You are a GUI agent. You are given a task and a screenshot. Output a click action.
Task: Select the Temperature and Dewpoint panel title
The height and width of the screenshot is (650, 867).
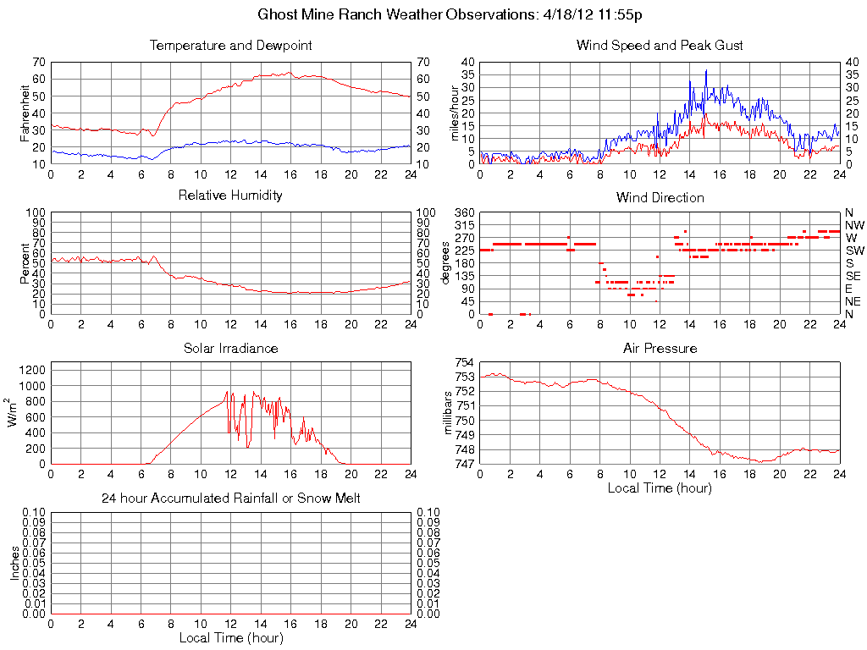[x=230, y=46]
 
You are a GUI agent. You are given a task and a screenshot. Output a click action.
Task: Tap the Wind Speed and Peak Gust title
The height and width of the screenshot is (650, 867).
[x=660, y=46]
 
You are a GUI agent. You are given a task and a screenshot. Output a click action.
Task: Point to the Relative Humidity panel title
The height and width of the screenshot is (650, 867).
[x=230, y=196]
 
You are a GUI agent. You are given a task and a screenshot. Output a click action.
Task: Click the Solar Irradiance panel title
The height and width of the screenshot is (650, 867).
[x=230, y=349]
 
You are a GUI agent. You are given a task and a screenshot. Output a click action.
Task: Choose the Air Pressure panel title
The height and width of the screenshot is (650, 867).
[x=660, y=349]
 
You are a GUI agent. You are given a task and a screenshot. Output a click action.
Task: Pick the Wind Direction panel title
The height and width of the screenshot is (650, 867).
[x=660, y=198]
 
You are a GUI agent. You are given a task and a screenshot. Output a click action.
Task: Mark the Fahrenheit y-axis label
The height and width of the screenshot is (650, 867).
[x=24, y=112]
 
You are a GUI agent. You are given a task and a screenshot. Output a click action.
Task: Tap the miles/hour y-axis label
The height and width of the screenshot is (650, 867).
[x=454, y=113]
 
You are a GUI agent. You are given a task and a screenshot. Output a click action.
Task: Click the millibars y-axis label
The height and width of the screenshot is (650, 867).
[x=450, y=412]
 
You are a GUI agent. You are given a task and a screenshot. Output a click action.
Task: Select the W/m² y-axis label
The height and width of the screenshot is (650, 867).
[x=14, y=412]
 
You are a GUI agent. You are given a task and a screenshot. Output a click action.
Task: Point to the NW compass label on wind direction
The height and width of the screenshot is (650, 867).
[x=853, y=225]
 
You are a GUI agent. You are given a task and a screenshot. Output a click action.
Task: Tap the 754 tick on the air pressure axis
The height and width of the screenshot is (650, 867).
[x=464, y=362]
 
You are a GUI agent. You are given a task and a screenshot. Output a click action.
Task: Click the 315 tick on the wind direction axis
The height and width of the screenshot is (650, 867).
[x=463, y=225]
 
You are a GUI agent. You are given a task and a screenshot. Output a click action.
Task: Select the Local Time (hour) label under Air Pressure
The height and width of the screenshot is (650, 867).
[x=660, y=487]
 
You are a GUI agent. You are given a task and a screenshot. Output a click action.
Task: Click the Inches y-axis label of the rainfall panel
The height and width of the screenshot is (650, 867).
[x=14, y=562]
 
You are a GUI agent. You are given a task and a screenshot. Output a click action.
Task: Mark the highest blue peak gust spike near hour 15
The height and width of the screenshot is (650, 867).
[x=706, y=71]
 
